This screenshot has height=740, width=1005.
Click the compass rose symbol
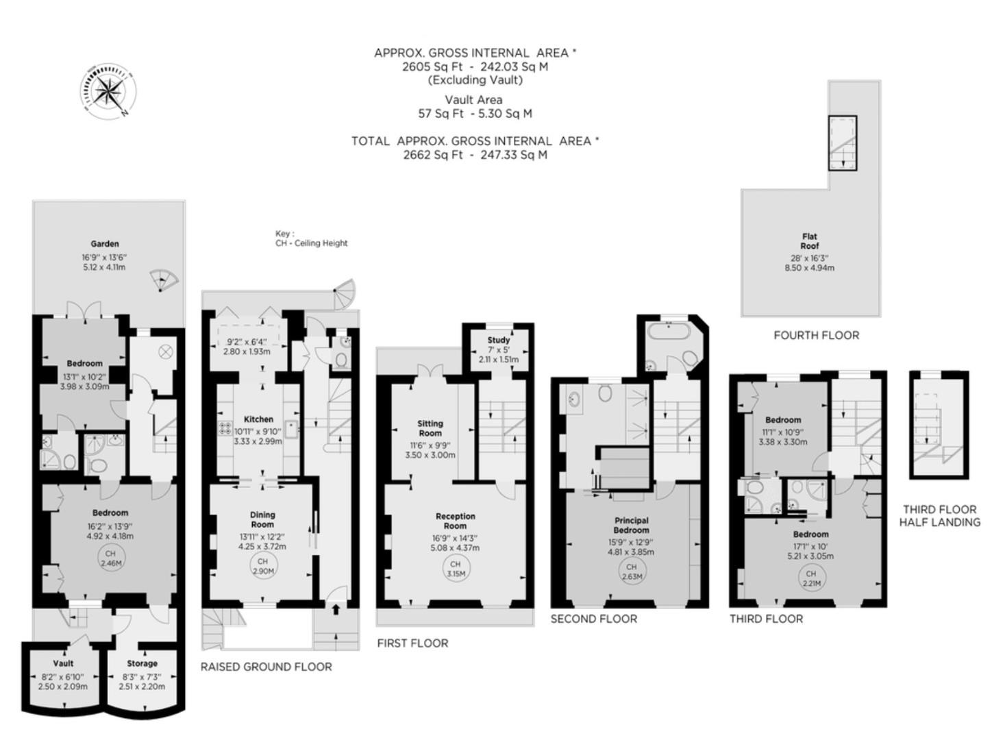pyautogui.click(x=109, y=90)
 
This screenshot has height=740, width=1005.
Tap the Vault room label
pyautogui.click(x=63, y=663)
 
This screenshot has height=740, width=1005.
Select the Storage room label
pyautogui.click(x=142, y=663)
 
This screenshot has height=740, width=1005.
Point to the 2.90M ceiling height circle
pyautogui.click(x=263, y=566)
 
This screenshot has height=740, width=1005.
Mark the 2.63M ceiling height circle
pyautogui.click(x=631, y=571)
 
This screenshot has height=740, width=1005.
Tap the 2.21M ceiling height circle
pyautogui.click(x=811, y=578)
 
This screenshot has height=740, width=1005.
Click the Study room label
pyautogui.click(x=499, y=340)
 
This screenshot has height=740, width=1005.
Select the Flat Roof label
pyautogui.click(x=809, y=241)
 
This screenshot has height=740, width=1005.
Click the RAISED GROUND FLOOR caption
pyautogui.click(x=266, y=667)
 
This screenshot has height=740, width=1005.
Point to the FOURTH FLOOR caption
pyautogui.click(x=816, y=335)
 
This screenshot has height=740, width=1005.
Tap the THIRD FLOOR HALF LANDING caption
pyautogui.click(x=939, y=516)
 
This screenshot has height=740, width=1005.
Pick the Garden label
pyautogui.click(x=105, y=243)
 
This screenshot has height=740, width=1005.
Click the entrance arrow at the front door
pyautogui.click(x=336, y=608)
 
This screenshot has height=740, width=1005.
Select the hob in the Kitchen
pyautogui.click(x=224, y=429)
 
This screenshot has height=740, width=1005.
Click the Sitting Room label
pyautogui.click(x=430, y=428)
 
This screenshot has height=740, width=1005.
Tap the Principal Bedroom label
pyautogui.click(x=631, y=526)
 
